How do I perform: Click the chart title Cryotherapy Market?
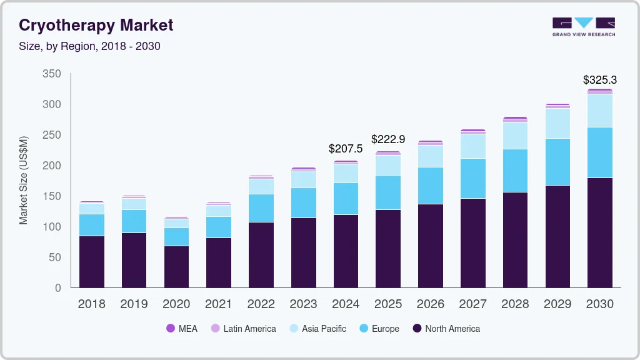[96, 25]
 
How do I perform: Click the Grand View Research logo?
[584, 26]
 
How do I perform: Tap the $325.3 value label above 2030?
[600, 80]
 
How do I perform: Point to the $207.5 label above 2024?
[346, 149]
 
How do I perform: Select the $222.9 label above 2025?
[388, 139]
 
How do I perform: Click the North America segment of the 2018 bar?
[91, 261]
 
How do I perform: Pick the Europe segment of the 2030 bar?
[600, 152]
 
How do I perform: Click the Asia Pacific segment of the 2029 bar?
[557, 123]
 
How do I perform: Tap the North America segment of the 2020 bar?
[176, 266]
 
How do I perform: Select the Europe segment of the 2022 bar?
[261, 208]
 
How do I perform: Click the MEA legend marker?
[171, 328]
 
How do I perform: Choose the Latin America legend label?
[249, 329]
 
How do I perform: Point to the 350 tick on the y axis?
[52, 74]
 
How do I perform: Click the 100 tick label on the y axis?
[52, 227]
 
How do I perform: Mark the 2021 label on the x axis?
[219, 304]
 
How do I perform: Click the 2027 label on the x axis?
[472, 304]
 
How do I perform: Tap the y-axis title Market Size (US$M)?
[24, 180]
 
